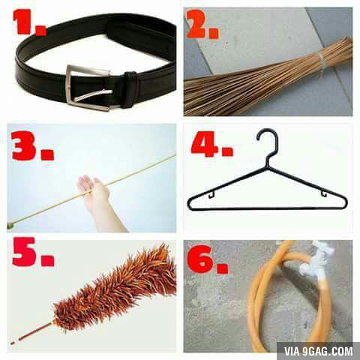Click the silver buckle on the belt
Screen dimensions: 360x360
[87, 87]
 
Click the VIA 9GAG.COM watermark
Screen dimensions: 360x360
[316, 350]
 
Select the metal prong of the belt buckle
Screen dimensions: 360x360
[94, 95]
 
